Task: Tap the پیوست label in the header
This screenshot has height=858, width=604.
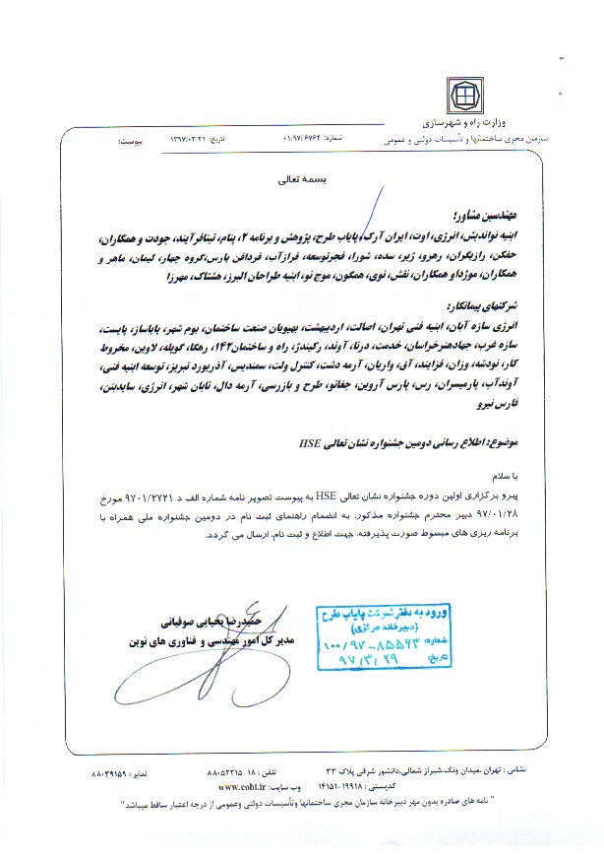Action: pos(133,140)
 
